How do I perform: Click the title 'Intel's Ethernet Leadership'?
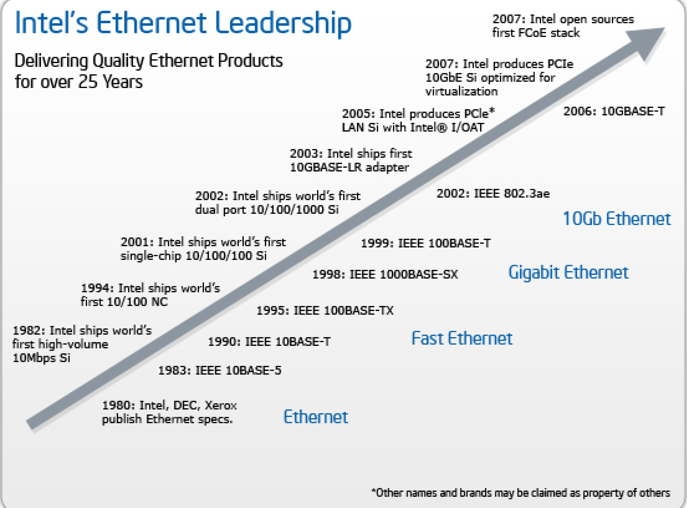(183, 23)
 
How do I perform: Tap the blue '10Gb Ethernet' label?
(616, 219)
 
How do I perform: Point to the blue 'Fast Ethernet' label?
(462, 338)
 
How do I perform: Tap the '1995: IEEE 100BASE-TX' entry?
(325, 311)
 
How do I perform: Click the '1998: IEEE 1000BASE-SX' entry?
(385, 274)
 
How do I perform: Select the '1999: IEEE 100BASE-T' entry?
(426, 243)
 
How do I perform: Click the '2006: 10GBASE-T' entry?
(614, 111)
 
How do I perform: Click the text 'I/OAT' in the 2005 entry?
(467, 127)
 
